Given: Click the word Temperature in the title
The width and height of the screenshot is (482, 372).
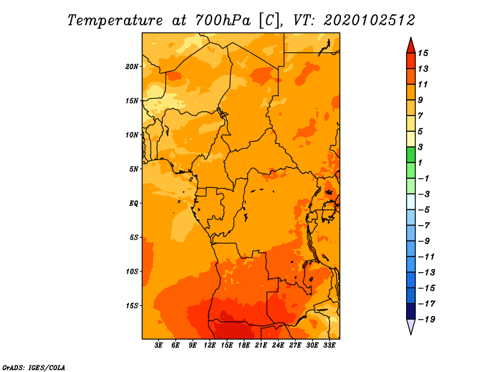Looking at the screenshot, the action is (115, 20).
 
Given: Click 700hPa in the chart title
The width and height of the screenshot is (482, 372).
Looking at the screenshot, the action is (223, 20).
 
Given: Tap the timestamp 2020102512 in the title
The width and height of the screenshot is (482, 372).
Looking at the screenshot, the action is (369, 20).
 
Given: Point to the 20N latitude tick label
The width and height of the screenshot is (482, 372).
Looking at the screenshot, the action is (132, 67).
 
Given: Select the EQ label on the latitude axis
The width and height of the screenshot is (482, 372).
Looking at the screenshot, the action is (134, 203).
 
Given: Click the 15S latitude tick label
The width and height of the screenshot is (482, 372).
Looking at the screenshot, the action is (132, 306).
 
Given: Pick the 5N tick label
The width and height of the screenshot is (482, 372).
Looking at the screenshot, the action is (134, 169).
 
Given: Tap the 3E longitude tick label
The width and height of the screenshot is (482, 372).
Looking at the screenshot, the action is (158, 346).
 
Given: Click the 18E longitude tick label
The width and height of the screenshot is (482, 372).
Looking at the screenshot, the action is (244, 346).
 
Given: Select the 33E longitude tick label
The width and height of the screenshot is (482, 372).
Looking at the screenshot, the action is (329, 346).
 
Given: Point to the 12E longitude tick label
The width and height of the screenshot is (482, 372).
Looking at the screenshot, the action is (210, 346).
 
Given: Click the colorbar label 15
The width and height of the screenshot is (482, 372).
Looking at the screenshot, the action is (423, 53).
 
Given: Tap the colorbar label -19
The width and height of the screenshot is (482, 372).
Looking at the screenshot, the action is (427, 320).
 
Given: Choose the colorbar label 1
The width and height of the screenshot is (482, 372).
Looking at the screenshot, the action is (420, 163).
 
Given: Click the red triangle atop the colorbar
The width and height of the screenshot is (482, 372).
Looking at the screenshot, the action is (411, 45).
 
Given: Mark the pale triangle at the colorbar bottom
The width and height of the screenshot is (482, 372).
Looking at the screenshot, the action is (411, 326).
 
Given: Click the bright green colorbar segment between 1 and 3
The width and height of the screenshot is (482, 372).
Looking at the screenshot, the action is (411, 155).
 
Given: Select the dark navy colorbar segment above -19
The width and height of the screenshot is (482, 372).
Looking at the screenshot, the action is (411, 311).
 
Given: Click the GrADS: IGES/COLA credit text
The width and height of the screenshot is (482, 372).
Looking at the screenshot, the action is (34, 368).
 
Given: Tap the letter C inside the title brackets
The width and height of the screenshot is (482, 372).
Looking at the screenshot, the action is (269, 20).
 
